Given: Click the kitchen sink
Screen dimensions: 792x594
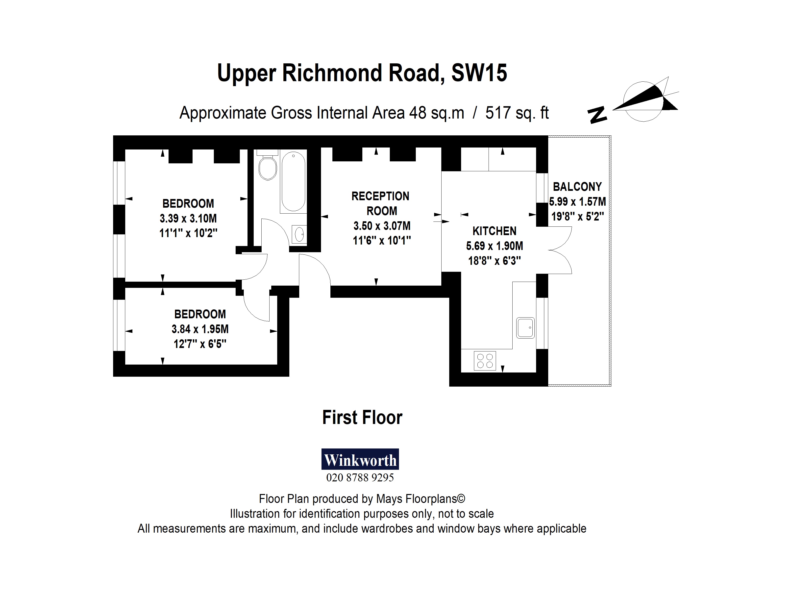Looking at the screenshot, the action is pos(525,328).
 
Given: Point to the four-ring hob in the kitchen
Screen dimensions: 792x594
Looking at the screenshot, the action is pos(485,361).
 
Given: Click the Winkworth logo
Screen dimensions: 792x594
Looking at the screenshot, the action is pos(360,459).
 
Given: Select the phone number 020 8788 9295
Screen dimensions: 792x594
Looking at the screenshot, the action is pos(360,478).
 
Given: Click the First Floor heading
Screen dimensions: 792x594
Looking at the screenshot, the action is pos(362,418).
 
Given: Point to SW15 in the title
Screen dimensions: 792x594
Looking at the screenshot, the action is pos(479,73).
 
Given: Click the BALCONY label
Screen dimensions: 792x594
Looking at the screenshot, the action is pos(577,187).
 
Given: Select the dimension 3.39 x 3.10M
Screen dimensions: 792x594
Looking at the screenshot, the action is pos(188,218).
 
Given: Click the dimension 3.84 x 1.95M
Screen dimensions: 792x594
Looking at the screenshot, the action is pos(200,329).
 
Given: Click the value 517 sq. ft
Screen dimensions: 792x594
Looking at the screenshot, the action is pos(517,113).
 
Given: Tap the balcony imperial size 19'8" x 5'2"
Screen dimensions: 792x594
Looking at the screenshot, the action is pos(577,216).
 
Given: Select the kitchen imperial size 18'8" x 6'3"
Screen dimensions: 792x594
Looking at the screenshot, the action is pos(495,261).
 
